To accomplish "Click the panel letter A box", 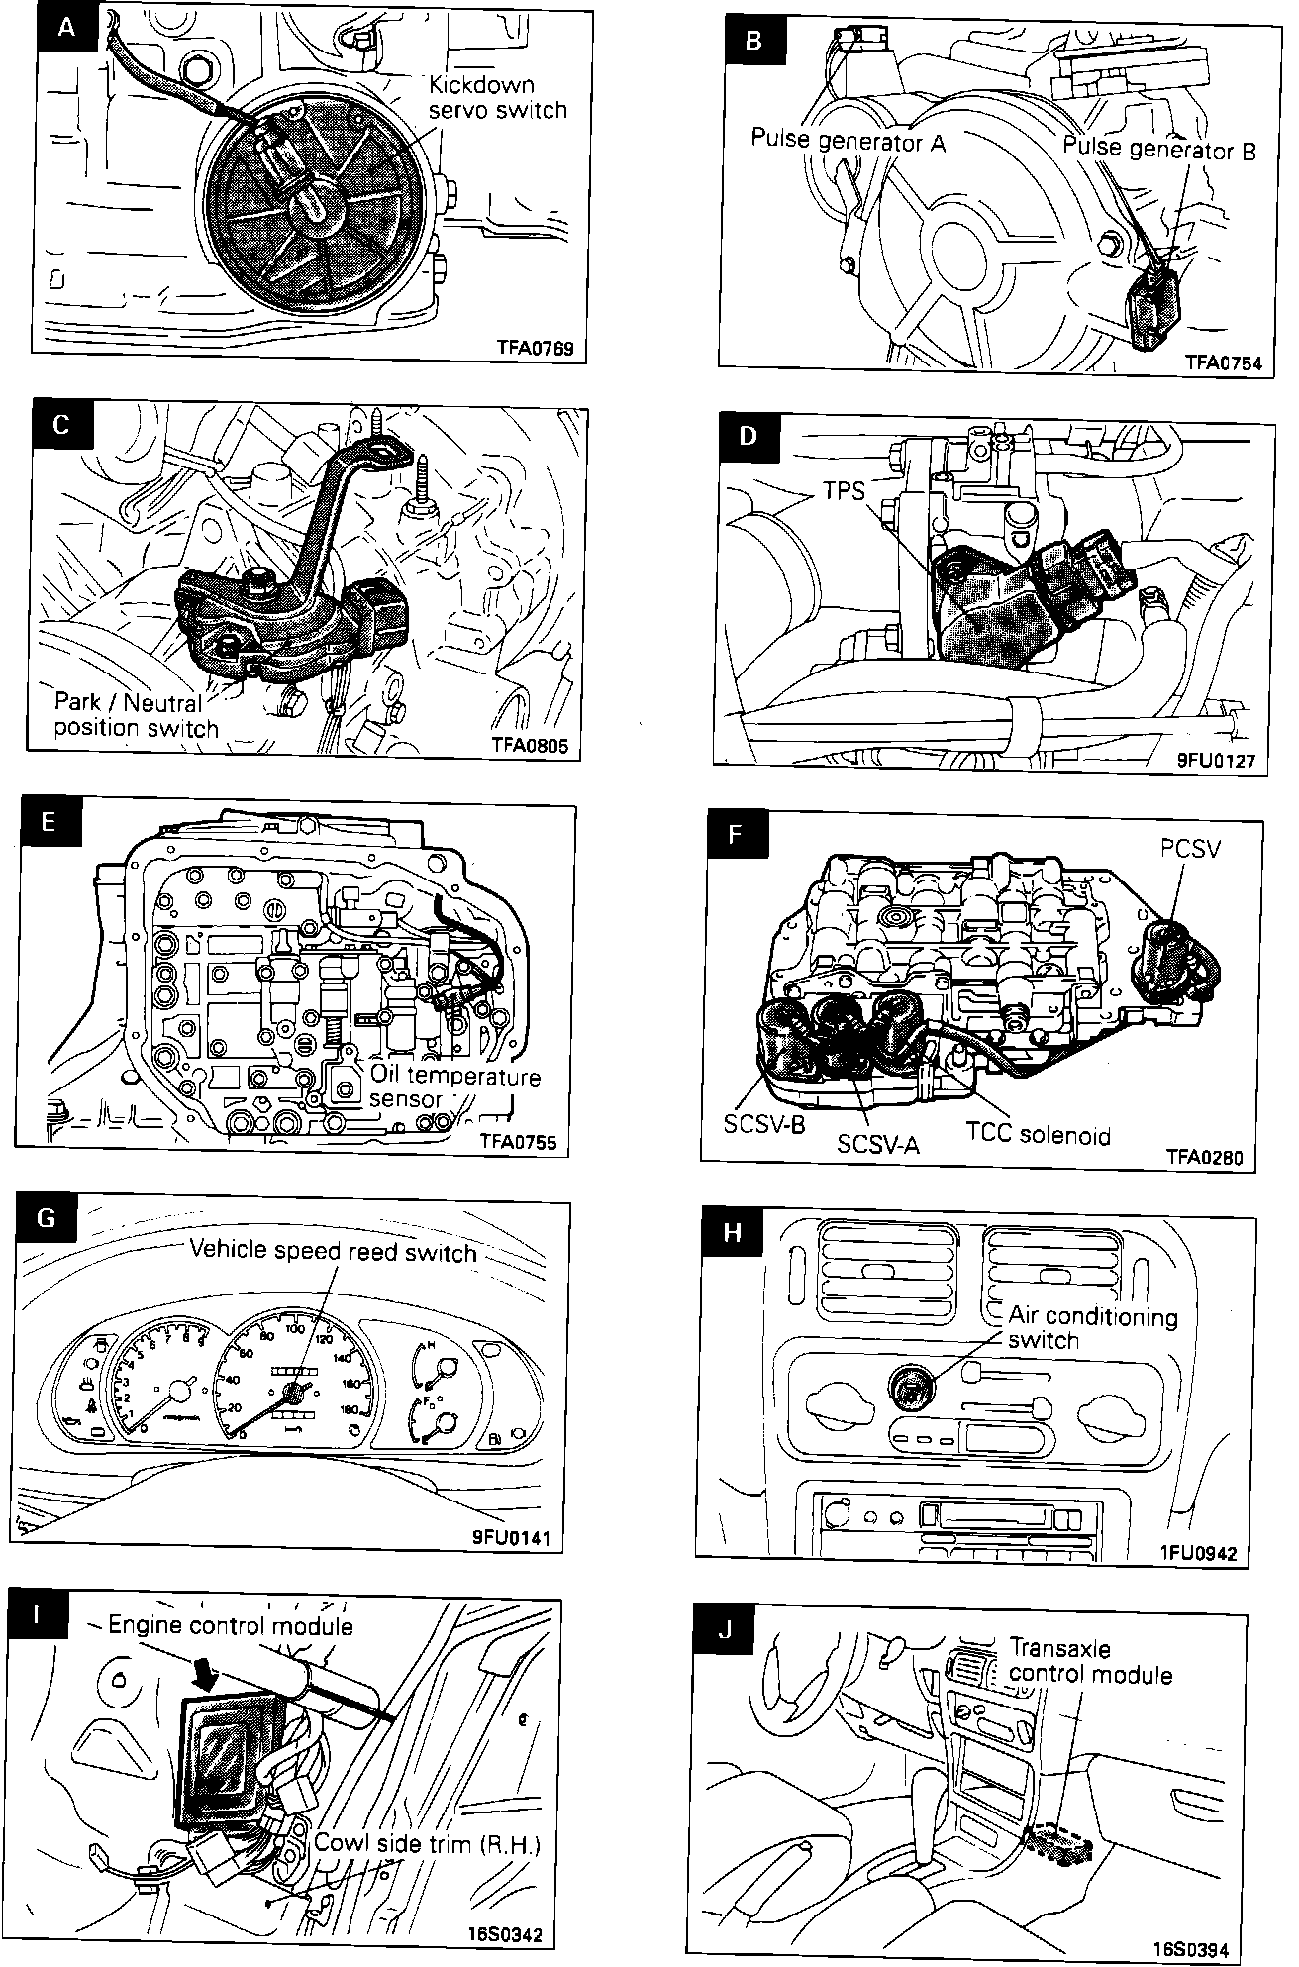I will pos(65,27).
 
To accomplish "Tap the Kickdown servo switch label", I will pos(497,97).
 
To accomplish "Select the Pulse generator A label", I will pos(848,141).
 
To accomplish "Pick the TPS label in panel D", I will pos(845,490).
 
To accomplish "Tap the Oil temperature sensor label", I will pos(454,1087).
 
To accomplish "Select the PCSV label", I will pos(1190,850).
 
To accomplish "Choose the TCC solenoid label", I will pos(1038,1135).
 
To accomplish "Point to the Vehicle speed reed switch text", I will pos(333,1252).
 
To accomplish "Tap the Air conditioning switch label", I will pos(1092,1328).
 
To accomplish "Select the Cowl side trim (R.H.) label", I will pos(428,1843).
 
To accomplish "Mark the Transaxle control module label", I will pos(1089,1661).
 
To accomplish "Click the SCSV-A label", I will pos(878,1144).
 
